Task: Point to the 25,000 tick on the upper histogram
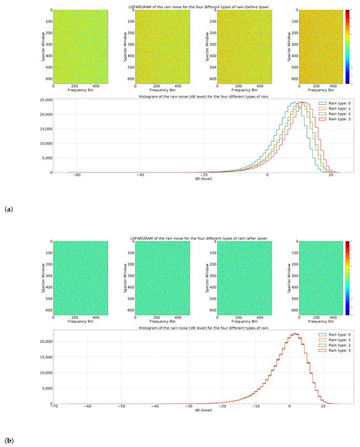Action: click(x=41, y=100)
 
